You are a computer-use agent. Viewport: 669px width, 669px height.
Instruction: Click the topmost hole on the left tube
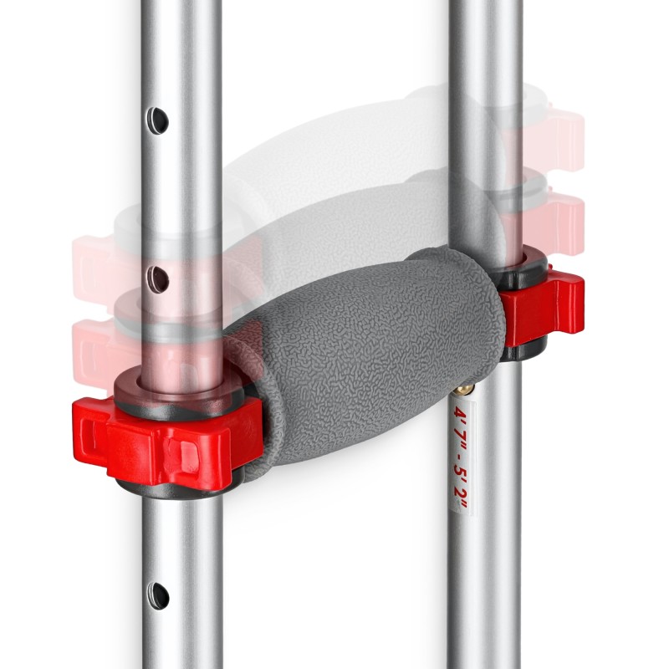coord(158,120)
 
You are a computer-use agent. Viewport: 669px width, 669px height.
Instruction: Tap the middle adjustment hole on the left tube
coord(158,280)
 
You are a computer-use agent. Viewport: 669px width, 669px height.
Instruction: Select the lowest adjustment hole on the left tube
coord(158,595)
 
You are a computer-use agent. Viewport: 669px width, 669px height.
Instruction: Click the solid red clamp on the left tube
coord(166,444)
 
